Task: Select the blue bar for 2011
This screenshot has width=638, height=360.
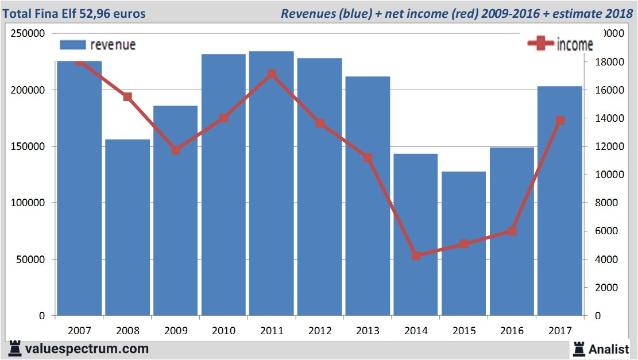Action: pyautogui.click(x=272, y=184)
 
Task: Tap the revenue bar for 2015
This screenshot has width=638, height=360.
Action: pyautogui.click(x=464, y=243)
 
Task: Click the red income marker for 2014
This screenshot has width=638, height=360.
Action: pyautogui.click(x=416, y=256)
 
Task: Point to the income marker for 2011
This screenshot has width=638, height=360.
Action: pyautogui.click(x=272, y=74)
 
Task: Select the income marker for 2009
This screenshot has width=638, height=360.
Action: pyautogui.click(x=176, y=150)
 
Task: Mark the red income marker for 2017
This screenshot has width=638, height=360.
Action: pyautogui.click(x=560, y=121)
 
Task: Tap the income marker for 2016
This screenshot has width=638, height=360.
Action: pyautogui.click(x=512, y=231)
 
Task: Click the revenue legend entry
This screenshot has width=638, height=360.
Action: pyautogui.click(x=98, y=45)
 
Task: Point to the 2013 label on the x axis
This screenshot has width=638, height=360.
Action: pyautogui.click(x=368, y=331)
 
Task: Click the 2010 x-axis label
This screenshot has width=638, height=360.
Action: pyautogui.click(x=223, y=331)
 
